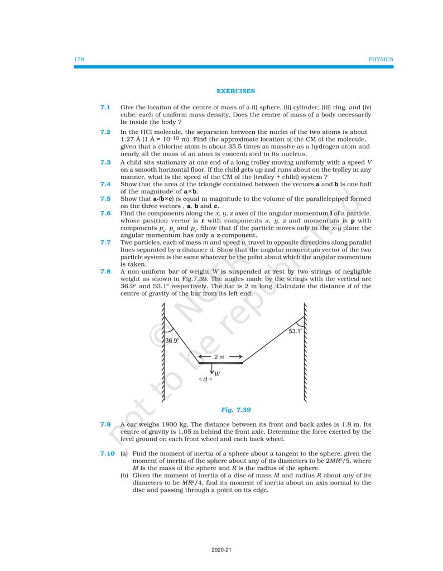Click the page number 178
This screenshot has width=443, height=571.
tap(79, 59)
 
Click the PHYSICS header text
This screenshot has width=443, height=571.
tap(381, 59)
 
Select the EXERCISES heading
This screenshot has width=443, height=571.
tap(235, 91)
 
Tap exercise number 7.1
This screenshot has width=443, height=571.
tap(105, 107)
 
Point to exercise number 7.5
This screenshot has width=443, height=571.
tap(105, 199)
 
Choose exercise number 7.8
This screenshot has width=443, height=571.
tap(105, 272)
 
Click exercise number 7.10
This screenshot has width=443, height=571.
tap(106, 453)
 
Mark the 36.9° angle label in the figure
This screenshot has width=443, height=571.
tap(172, 340)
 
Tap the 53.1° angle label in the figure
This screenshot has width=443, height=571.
tap(295, 331)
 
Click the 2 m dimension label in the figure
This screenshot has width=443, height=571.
tap(220, 356)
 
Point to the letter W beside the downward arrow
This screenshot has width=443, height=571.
tap(217, 374)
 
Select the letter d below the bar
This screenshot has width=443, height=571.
tap(205, 379)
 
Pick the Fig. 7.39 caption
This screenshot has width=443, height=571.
tap(235, 410)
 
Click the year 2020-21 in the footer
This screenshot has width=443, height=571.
tap(222, 550)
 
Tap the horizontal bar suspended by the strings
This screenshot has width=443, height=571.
tap(220, 363)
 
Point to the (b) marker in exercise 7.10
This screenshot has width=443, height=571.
tap(124, 476)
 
